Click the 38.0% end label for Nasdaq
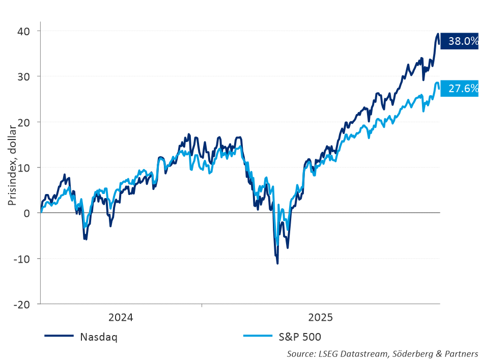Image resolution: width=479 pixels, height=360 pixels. pyautogui.click(x=459, y=41)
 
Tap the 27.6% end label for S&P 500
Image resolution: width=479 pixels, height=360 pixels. pyautogui.click(x=459, y=89)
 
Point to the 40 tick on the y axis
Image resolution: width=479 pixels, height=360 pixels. pyautogui.click(x=24, y=31)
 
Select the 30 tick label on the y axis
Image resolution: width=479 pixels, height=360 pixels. pyautogui.click(x=24, y=76)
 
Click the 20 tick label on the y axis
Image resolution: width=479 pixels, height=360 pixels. pyautogui.click(x=24, y=122)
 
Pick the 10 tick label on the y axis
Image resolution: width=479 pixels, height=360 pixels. pyautogui.click(x=24, y=168)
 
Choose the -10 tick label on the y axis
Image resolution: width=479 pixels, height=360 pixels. pyautogui.click(x=22, y=259)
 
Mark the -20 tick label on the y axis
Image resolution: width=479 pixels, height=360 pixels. pyautogui.click(x=22, y=304)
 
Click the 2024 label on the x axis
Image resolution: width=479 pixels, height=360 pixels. pyautogui.click(x=121, y=318)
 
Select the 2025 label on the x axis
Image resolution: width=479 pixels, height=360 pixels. pyautogui.click(x=320, y=318)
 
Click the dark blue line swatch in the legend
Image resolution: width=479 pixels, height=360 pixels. pyautogui.click(x=60, y=336)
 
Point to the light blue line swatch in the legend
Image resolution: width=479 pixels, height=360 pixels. pyautogui.click(x=259, y=336)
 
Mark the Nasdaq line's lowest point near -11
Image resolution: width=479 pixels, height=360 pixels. pyautogui.click(x=277, y=263)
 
